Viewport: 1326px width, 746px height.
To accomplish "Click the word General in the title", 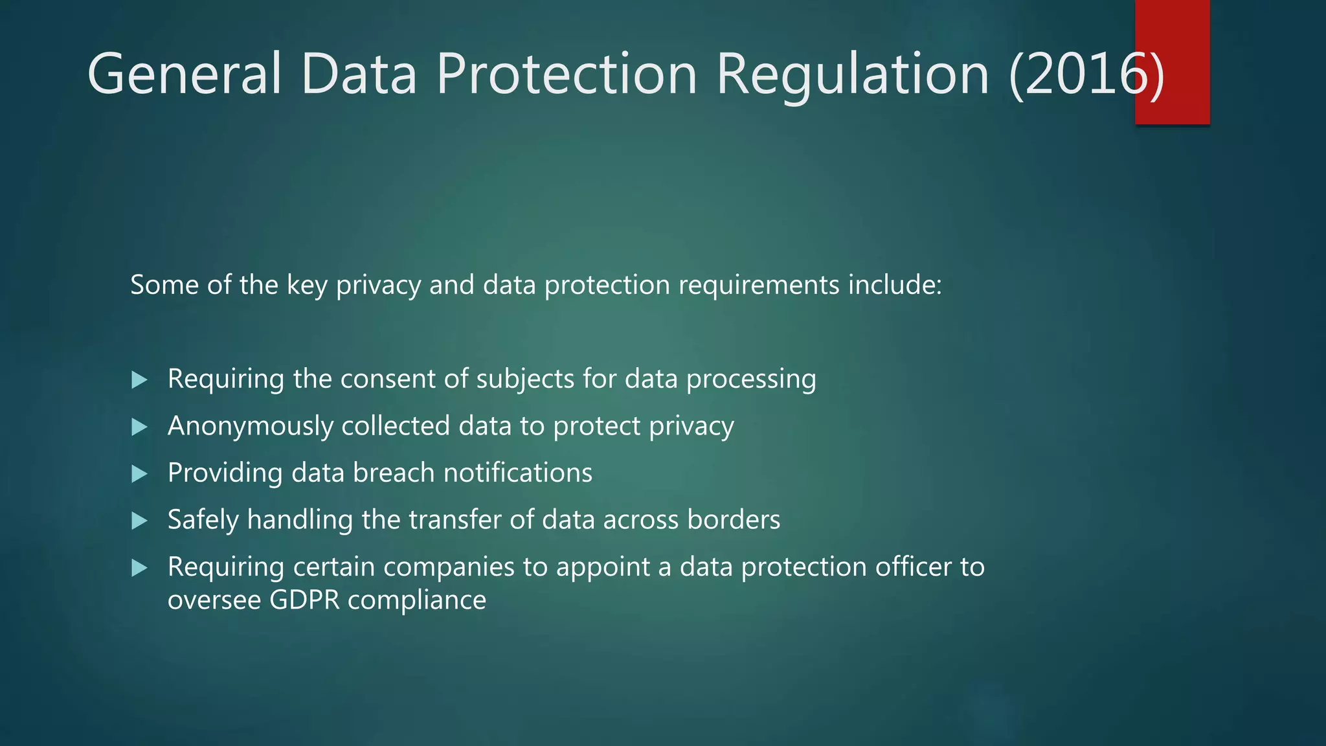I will coord(185,74).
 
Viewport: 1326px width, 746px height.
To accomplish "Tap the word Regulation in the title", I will coord(853,74).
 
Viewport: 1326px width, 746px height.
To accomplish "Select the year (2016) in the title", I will coord(1086,74).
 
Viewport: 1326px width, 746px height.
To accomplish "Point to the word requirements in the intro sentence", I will coord(758,285).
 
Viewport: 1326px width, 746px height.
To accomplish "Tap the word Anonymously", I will coord(250,426).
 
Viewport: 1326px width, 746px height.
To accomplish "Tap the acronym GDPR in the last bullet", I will coord(304,600).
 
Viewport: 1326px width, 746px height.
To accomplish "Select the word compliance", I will coord(417,600).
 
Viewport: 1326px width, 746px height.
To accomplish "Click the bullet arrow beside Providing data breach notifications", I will coord(139,474).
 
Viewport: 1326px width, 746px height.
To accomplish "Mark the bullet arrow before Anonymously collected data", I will coord(139,427).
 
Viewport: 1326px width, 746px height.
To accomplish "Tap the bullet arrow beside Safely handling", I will coord(139,521).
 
